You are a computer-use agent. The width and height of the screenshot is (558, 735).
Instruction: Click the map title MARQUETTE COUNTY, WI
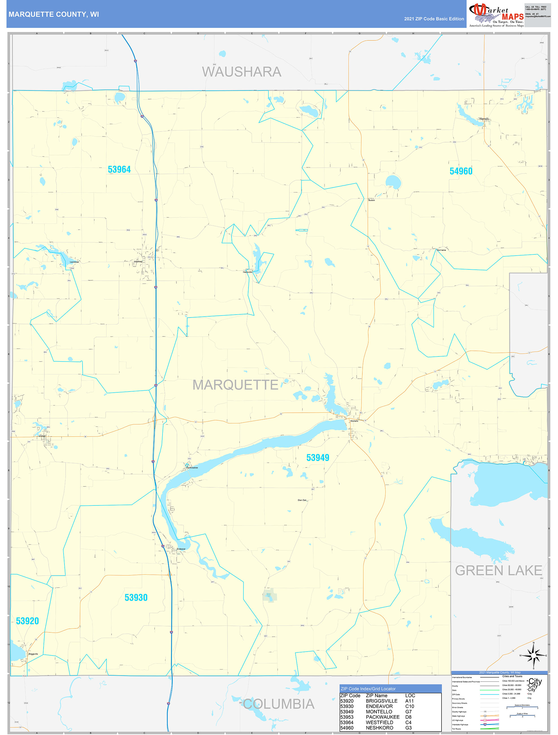53,14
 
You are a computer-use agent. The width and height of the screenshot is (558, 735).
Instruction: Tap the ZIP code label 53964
119,169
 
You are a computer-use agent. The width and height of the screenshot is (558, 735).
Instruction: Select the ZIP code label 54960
461,171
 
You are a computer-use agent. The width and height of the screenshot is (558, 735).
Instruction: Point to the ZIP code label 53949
317,458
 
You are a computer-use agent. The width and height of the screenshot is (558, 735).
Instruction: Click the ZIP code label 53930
136,597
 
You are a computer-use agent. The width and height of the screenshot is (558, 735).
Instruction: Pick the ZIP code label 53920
27,621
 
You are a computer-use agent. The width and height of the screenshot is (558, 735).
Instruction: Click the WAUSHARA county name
242,72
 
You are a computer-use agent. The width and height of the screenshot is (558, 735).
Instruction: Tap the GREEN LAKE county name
498,570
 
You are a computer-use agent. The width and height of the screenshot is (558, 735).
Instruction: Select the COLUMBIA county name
278,704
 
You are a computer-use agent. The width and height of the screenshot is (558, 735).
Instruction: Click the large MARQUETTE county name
235,385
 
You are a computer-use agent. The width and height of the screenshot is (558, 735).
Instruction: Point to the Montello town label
354,421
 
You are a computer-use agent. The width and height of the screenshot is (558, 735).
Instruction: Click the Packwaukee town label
192,468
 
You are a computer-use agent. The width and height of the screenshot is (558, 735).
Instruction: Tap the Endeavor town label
181,549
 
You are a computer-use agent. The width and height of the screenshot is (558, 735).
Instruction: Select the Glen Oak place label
302,500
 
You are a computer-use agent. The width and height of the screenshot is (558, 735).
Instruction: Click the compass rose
533,656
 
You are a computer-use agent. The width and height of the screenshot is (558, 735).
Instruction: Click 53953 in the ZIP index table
347,717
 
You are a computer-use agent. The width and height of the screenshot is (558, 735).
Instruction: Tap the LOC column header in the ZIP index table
410,695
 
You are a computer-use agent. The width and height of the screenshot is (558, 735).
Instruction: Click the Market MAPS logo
496,14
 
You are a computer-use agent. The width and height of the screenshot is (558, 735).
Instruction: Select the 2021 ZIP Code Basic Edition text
434,19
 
